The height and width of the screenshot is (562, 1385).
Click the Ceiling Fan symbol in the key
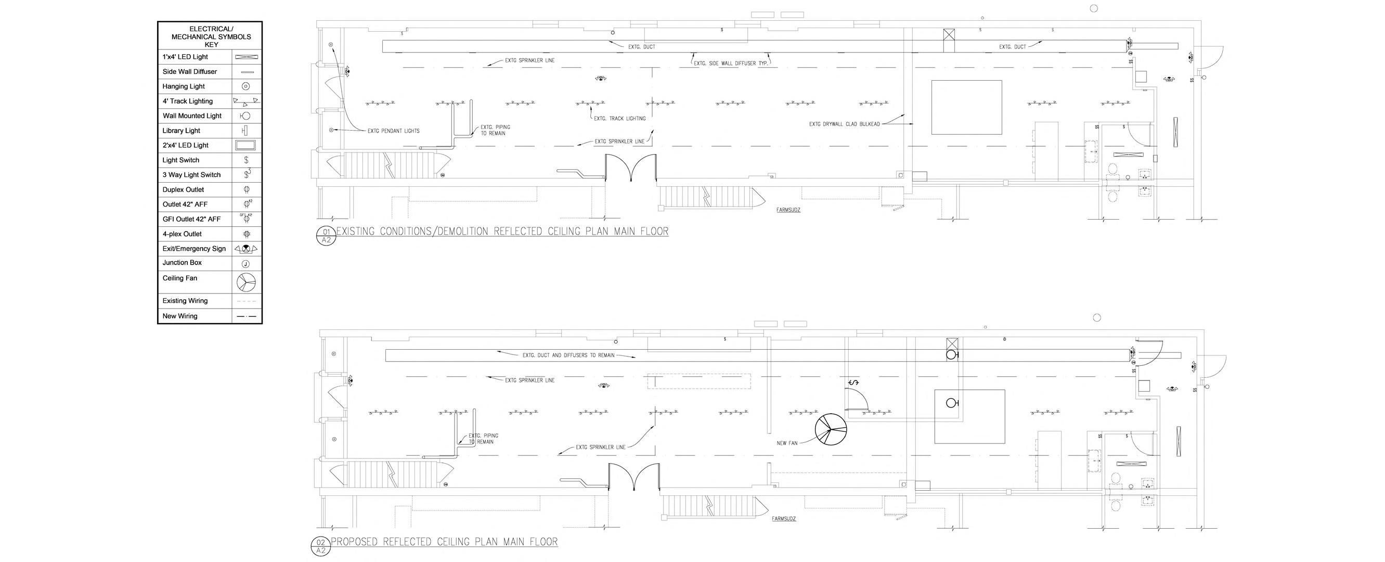pos(245,282)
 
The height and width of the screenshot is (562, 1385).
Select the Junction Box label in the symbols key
pos(182,262)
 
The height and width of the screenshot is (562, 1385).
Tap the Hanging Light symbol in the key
pos(245,86)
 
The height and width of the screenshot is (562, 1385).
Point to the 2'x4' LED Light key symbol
pos(245,145)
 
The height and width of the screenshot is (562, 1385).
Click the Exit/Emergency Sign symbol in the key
pos(245,248)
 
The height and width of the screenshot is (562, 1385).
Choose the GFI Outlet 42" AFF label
pos(191,219)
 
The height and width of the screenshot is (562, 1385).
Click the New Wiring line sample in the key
pos(246,316)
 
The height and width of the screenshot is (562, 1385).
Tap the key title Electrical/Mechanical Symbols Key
pos(211,36)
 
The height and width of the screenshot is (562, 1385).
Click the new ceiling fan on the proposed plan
pos(831,429)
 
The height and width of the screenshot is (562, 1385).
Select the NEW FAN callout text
pos(787,443)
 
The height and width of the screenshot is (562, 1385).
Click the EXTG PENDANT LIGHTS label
pos(394,131)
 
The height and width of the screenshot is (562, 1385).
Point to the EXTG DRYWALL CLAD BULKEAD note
pos(844,124)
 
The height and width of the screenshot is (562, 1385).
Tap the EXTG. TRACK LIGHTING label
pos(620,118)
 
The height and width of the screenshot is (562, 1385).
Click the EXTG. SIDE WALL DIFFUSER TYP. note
pos(731,63)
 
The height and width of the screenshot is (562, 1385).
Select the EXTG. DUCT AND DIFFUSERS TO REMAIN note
pos(568,355)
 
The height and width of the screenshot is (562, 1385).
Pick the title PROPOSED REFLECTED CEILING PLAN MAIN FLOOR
pos(444,542)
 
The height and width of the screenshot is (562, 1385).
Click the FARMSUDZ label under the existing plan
pos(788,210)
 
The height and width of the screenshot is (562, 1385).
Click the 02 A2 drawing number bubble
pos(321,546)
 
